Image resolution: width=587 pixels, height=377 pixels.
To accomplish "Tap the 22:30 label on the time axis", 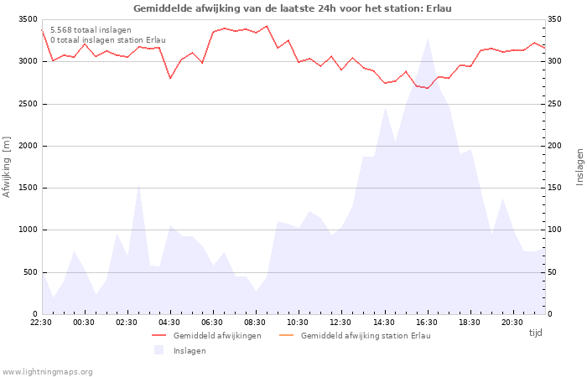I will [x=41, y=323].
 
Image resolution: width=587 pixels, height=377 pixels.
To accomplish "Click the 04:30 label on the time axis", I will [x=170, y=323].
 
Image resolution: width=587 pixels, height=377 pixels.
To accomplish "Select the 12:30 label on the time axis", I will [x=341, y=323].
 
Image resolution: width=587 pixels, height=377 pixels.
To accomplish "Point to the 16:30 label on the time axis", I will [x=427, y=323].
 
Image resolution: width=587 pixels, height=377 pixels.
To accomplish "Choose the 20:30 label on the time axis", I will [x=512, y=323].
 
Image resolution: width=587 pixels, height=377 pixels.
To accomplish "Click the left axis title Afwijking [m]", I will [x=8, y=167].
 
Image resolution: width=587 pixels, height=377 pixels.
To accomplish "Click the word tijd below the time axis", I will [x=535, y=333].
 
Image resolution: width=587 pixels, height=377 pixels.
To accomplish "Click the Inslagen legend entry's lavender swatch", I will [x=158, y=350].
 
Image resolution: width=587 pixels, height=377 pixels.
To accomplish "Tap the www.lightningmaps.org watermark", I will [x=48, y=371].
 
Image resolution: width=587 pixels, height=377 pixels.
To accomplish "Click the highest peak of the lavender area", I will [x=428, y=39].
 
